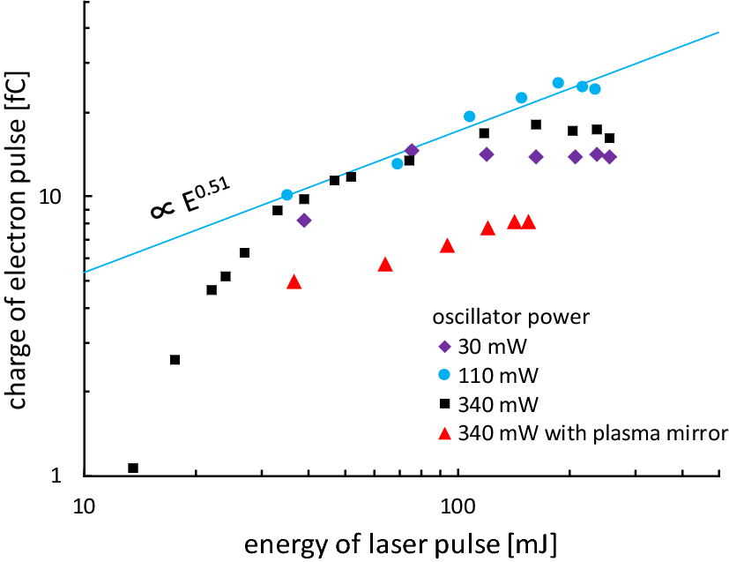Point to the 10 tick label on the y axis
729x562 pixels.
coord(56,196)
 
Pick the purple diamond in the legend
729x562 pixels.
coord(444,347)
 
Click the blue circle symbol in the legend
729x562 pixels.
coord(444,375)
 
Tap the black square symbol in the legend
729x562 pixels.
coord(444,404)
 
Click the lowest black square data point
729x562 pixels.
coord(133,468)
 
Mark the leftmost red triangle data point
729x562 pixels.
coord(294,282)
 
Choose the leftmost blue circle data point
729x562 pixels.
coord(287,195)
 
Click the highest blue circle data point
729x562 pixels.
coord(558,83)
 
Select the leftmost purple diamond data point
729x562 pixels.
coord(304,221)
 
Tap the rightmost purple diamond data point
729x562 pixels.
coord(609,157)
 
